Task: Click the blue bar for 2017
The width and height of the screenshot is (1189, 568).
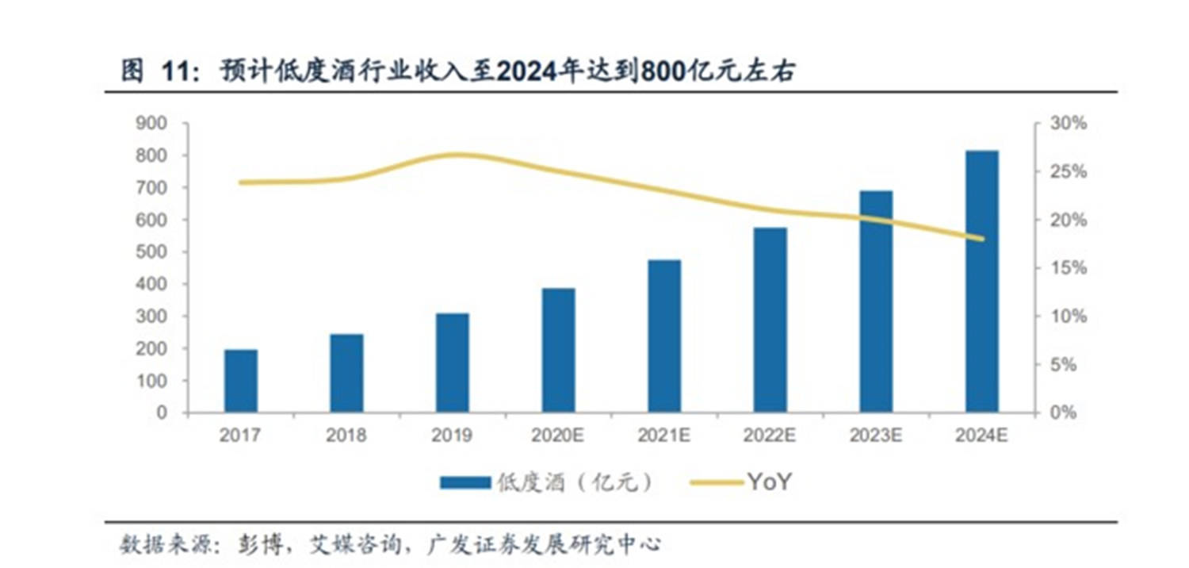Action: (241, 381)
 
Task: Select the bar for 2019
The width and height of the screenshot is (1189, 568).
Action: (453, 363)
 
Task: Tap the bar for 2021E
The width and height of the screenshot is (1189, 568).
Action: (664, 336)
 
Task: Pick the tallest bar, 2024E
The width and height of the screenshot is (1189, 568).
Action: (982, 282)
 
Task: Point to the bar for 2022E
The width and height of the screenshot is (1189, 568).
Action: (770, 320)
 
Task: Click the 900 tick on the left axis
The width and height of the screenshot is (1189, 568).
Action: (153, 124)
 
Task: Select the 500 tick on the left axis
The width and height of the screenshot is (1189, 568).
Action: (153, 252)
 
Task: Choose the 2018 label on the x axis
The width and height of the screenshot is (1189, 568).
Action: (346, 436)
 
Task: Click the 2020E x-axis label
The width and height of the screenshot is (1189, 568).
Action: (559, 436)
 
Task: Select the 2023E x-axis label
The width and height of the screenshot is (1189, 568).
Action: (876, 436)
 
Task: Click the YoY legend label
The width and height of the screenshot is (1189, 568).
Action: (769, 482)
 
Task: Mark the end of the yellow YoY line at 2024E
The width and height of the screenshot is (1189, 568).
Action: (982, 239)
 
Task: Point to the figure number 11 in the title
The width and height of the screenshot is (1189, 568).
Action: (175, 73)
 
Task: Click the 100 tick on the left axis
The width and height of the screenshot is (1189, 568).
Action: (153, 381)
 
